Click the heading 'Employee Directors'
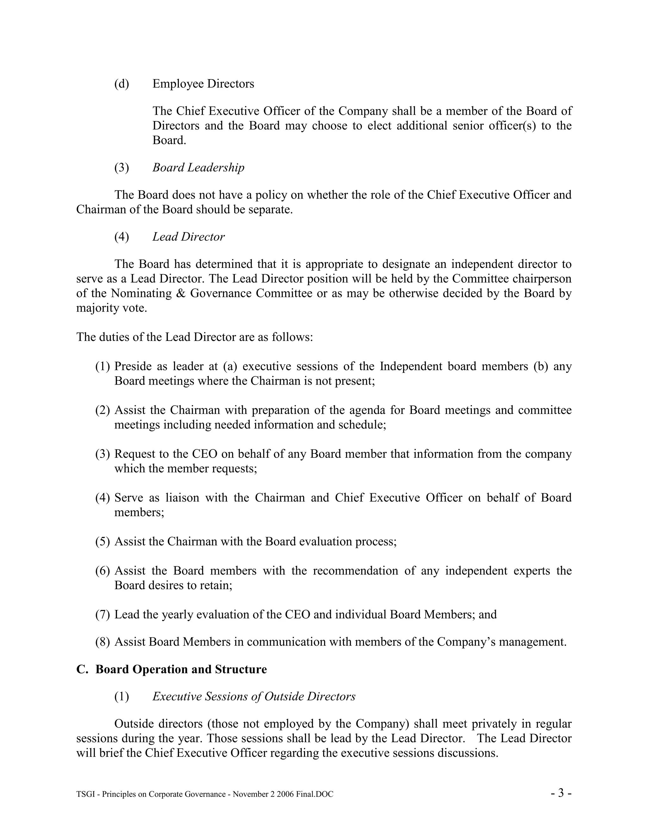click(x=203, y=84)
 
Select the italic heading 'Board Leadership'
click(x=198, y=168)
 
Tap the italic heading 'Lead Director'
click(x=189, y=237)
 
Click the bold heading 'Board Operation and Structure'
click(x=181, y=669)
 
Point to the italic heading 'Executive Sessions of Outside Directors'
click(x=254, y=696)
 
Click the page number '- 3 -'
click(x=561, y=793)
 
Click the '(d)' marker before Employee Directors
click(x=122, y=84)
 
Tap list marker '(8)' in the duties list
click(x=103, y=642)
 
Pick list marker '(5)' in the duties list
click(x=103, y=541)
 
